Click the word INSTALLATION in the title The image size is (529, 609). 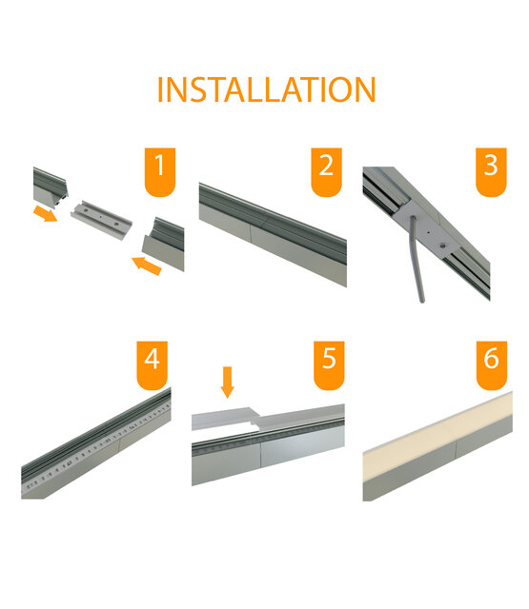tap(265, 89)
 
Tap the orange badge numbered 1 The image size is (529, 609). tap(158, 169)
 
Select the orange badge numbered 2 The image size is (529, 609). tap(326, 169)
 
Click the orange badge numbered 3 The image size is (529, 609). tap(490, 168)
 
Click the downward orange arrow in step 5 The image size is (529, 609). tap(228, 382)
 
